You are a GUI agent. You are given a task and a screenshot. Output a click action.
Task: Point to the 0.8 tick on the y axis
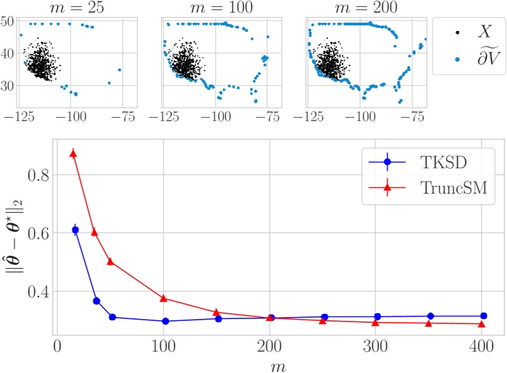coord(39,174)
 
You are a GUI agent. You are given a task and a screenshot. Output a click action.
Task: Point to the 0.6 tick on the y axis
coord(39,233)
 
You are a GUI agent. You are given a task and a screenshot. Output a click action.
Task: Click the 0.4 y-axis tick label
coord(39,292)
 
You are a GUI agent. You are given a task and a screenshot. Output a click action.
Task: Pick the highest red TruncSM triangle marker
coord(74,153)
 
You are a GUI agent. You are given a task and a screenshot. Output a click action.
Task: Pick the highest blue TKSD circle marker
coord(75,230)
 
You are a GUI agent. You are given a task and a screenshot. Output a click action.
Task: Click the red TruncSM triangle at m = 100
coord(163,298)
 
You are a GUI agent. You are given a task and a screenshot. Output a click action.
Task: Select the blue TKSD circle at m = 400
coord(483,316)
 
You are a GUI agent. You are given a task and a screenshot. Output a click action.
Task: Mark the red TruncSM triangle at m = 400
coord(482,324)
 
